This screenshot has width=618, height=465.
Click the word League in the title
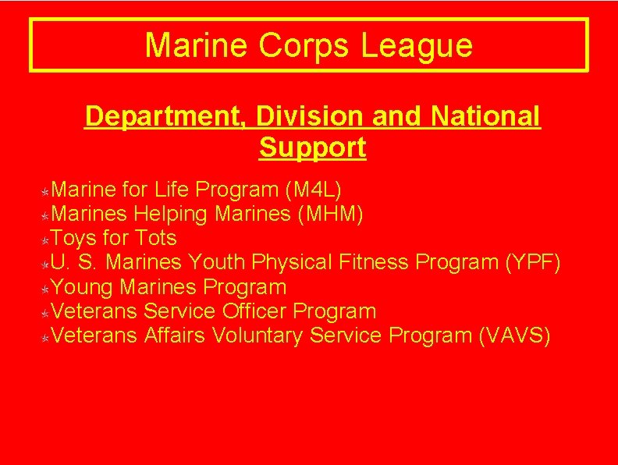click(x=417, y=45)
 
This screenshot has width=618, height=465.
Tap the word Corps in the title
click(x=304, y=45)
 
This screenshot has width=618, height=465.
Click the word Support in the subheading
click(x=312, y=147)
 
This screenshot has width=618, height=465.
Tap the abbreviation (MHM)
click(x=331, y=214)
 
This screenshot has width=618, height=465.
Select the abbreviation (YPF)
click(x=533, y=262)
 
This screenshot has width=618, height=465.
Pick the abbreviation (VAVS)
click(x=513, y=335)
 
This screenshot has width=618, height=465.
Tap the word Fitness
click(x=375, y=262)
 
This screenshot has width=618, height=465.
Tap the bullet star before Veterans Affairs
click(x=46, y=338)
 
